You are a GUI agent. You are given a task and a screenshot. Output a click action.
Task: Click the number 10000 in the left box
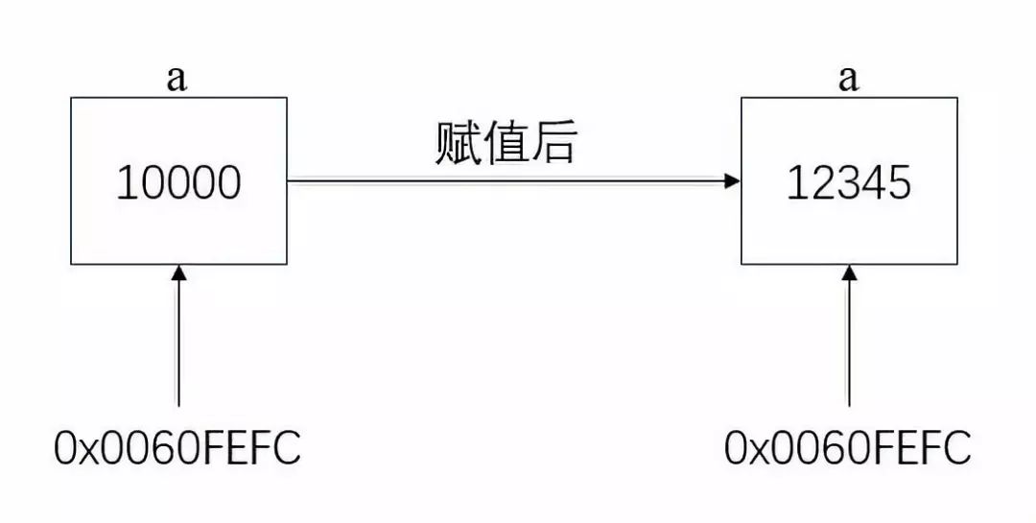(178, 183)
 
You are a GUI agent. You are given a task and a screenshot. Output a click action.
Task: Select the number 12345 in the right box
(849, 183)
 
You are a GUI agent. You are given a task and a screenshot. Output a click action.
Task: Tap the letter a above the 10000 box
(177, 79)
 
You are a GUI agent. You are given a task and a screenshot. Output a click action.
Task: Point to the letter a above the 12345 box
(848, 79)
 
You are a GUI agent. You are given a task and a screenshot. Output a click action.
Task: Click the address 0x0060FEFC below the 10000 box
(178, 447)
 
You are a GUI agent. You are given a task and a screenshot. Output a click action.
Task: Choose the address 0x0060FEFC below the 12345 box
(849, 447)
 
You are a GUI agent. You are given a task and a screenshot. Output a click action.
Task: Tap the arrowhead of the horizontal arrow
(732, 180)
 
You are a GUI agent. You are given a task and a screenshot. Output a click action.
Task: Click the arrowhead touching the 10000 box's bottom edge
(177, 274)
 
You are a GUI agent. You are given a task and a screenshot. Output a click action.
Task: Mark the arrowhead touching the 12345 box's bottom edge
(848, 274)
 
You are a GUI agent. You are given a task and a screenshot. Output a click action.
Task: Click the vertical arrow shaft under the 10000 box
(177, 345)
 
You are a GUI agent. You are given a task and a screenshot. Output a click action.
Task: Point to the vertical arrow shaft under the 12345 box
(848, 345)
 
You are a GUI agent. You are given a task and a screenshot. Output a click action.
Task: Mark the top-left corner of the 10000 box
(71, 98)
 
